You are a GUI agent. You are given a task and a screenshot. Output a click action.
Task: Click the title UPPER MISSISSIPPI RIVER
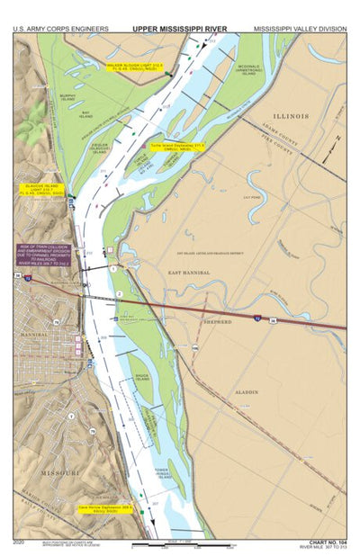(180, 29)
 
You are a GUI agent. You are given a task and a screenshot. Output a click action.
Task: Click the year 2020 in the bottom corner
(21, 543)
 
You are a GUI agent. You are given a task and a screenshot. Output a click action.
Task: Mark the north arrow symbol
(337, 144)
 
